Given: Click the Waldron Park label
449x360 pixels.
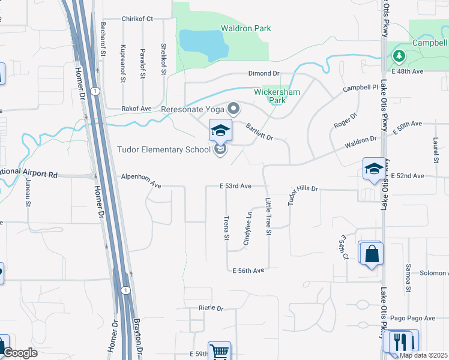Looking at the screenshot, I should click(x=246, y=28).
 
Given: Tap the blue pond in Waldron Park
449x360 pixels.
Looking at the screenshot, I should click(x=202, y=43).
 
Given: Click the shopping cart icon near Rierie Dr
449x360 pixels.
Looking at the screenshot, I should click(x=219, y=351).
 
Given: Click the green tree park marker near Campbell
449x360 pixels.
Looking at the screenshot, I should click(x=399, y=56).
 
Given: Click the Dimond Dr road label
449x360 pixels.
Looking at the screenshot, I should click(x=264, y=73).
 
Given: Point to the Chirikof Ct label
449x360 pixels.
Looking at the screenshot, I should click(x=137, y=19).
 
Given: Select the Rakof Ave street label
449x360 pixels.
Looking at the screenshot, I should click(x=137, y=109).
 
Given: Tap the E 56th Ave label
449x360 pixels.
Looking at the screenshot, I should click(x=249, y=271).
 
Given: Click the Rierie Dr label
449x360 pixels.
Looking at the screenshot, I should click(x=211, y=308).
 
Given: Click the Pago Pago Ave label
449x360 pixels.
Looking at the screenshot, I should click(x=420, y=318).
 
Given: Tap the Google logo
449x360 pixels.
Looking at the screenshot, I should click(x=20, y=353).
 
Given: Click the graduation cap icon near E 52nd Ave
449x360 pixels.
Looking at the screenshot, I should click(x=373, y=169).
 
